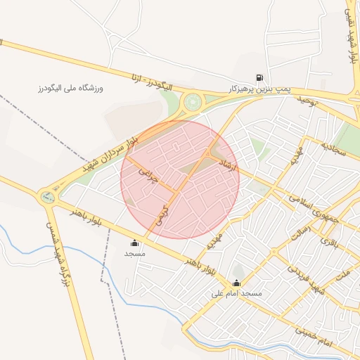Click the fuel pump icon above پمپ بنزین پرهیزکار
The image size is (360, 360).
[x=260, y=79]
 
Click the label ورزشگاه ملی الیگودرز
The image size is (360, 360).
[x=70, y=89]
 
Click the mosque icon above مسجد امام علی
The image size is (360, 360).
[x=236, y=283]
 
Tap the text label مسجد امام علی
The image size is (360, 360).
[x=236, y=294]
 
